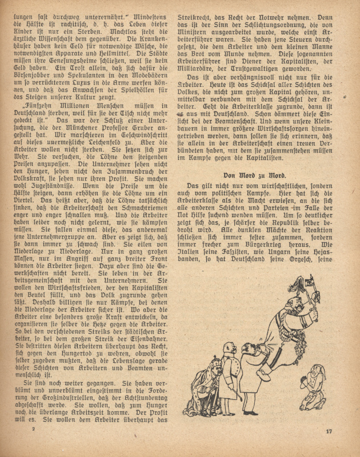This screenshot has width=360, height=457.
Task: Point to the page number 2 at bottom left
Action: click(x=34, y=428)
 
